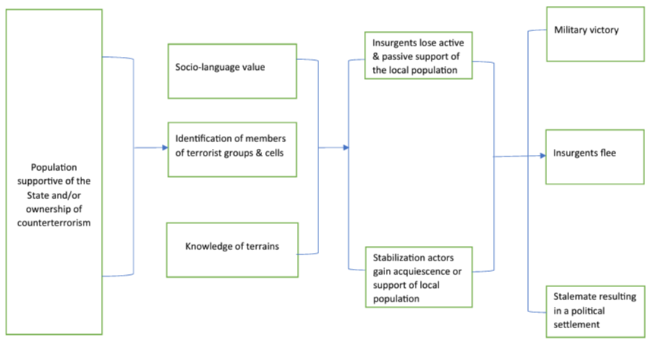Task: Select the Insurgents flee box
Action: tap(596, 156)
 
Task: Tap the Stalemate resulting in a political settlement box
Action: tap(596, 309)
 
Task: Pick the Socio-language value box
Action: tap(232, 72)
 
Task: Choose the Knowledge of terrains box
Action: tap(232, 248)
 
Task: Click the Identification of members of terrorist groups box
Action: tap(232, 148)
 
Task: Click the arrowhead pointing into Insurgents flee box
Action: tap(542, 156)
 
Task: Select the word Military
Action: tap(573, 30)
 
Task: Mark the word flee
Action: tap(606, 153)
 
